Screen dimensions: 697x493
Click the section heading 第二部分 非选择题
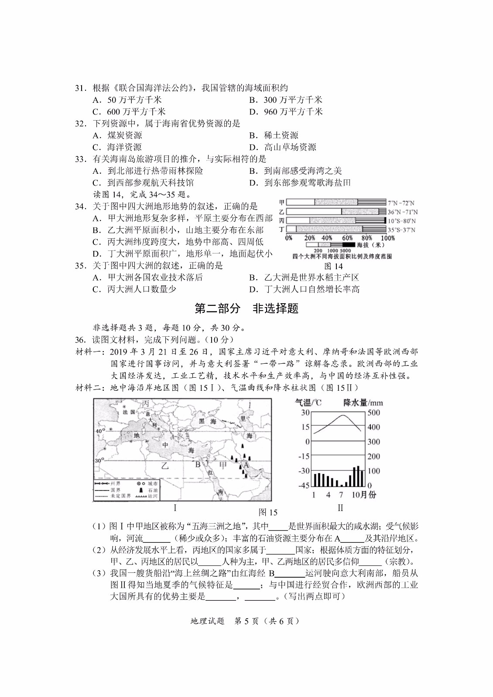[x=246, y=308]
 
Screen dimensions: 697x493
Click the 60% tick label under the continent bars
[x=347, y=238]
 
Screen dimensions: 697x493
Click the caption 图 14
[x=333, y=266]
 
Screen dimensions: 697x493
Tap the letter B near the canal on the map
[x=198, y=464]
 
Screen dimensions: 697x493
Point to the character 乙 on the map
[x=164, y=465]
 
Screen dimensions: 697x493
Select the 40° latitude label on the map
[x=99, y=431]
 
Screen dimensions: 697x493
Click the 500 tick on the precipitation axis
[x=373, y=413]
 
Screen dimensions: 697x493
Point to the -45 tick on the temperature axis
[x=304, y=485]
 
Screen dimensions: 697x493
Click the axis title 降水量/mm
[x=363, y=403]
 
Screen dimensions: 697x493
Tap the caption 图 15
[x=268, y=512]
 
